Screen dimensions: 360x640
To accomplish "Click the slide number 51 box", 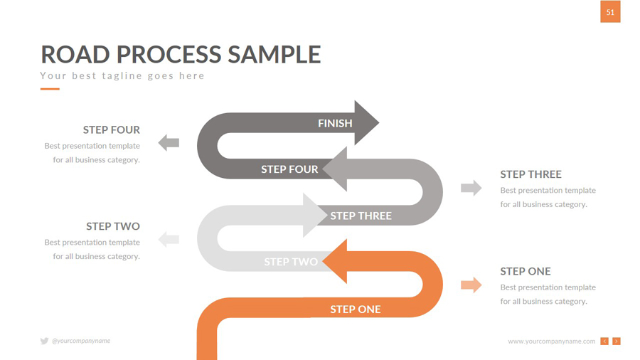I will [610, 12].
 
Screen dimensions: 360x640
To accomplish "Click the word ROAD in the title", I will [74, 55].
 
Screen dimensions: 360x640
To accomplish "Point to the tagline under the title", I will [122, 75].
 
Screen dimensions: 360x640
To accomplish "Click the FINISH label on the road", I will [335, 123].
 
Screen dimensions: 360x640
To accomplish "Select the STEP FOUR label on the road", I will [289, 169].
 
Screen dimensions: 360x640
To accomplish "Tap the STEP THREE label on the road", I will [361, 216].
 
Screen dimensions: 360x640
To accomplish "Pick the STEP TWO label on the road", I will [291, 262].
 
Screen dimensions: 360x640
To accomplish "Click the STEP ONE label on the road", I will [356, 309].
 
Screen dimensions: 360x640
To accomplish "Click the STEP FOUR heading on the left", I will [112, 129].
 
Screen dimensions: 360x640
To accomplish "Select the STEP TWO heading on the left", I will [113, 226].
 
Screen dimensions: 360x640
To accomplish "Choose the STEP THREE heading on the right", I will [530, 174].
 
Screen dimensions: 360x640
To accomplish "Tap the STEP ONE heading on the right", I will [526, 271].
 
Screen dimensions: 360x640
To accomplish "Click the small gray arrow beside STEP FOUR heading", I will [169, 143].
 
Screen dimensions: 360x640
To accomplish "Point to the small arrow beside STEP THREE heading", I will [471, 188].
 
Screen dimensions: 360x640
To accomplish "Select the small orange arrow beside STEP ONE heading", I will [471, 285].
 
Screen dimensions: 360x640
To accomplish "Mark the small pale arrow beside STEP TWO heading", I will [169, 239].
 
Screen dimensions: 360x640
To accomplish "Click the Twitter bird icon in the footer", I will [44, 342].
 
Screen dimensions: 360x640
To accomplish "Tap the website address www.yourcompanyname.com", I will [551, 342].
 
